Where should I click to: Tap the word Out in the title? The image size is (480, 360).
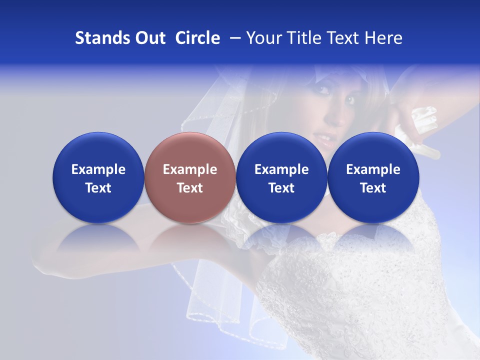pyautogui.click(x=148, y=38)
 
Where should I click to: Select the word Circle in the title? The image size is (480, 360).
pyautogui.click(x=197, y=38)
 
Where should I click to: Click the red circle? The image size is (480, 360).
pyautogui.click(x=190, y=150)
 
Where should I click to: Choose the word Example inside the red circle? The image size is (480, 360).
pyautogui.click(x=190, y=169)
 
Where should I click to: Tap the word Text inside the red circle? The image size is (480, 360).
pyautogui.click(x=190, y=188)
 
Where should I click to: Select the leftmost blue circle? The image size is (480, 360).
pyautogui.click(x=98, y=150)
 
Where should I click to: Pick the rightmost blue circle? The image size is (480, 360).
pyautogui.click(x=373, y=150)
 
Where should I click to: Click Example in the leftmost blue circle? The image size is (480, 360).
pyautogui.click(x=98, y=169)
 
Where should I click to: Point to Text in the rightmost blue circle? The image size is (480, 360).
pyautogui.click(x=373, y=188)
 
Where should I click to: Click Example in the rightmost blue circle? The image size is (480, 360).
pyautogui.click(x=373, y=169)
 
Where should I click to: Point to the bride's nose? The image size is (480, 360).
pyautogui.click(x=335, y=118)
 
